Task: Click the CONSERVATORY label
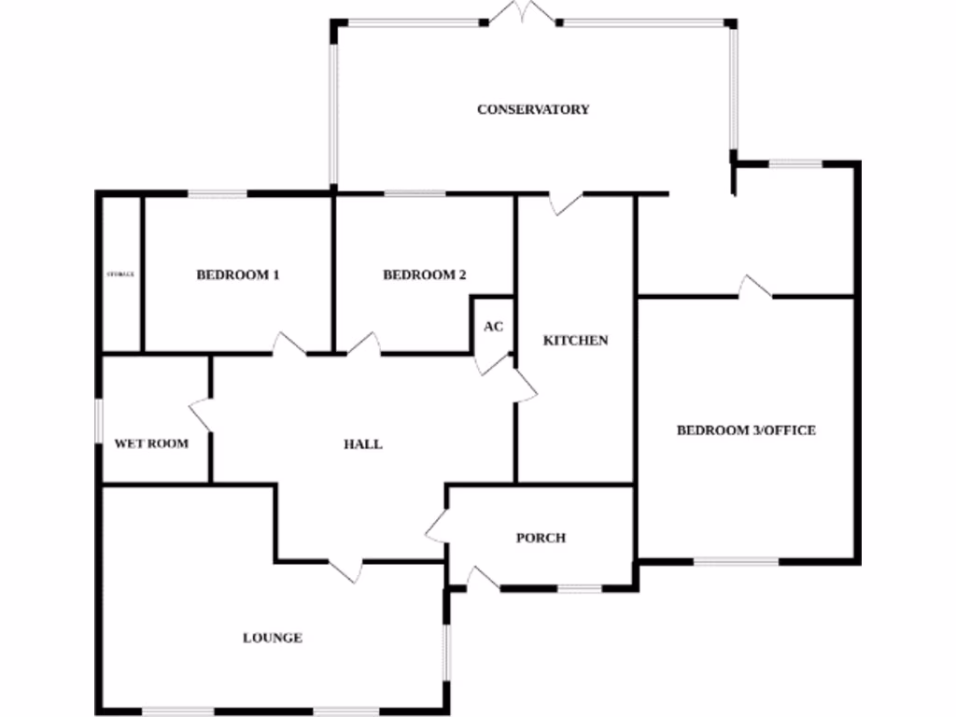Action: coord(533,109)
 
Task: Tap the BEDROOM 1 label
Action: coord(238,275)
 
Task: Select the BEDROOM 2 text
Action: coord(425,275)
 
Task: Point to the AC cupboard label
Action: coord(493,327)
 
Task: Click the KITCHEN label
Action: coord(575,341)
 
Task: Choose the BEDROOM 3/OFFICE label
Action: coord(746,430)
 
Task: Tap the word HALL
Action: coord(363,444)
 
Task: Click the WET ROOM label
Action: coord(151,443)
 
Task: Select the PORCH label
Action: coord(541,538)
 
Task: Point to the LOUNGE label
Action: coord(273,639)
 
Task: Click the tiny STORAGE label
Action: coord(121,274)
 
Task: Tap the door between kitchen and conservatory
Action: coord(566,202)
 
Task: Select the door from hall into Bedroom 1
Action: coord(288,344)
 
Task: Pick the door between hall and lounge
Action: coord(344,569)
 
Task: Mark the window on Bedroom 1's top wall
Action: coord(218,194)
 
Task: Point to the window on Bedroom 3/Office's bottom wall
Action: coord(736,561)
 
